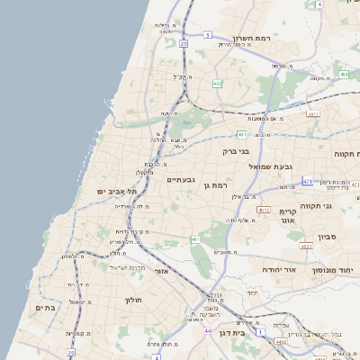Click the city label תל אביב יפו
pyautogui.click(x=117, y=192)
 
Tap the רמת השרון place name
pyautogui.click(x=252, y=38)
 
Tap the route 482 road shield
pyautogui.click(x=217, y=84)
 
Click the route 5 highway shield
pyautogui.click(x=207, y=34)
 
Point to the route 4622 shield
pyautogui.click(x=307, y=245)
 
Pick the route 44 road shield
pyautogui.click(x=207, y=331)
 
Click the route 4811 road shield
pyautogui.click(x=313, y=114)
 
